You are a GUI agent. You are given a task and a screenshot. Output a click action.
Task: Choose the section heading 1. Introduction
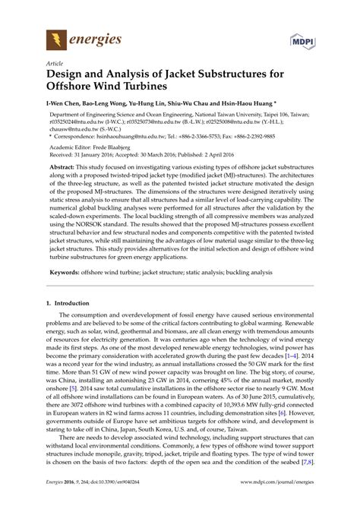point(77,303)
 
